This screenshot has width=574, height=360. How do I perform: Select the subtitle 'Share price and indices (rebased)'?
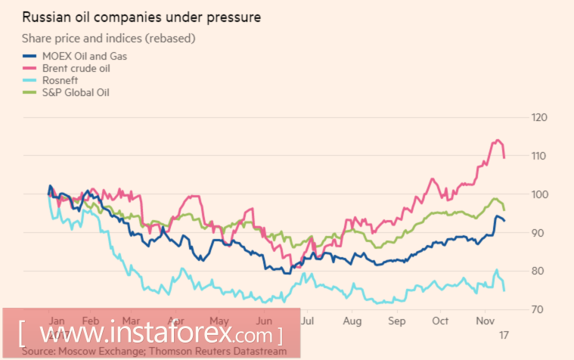coord(108,38)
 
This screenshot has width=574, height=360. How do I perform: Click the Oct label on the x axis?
coord(439,321)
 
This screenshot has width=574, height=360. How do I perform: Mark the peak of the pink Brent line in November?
coord(497,140)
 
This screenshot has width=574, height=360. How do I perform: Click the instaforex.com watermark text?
coord(151,334)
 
